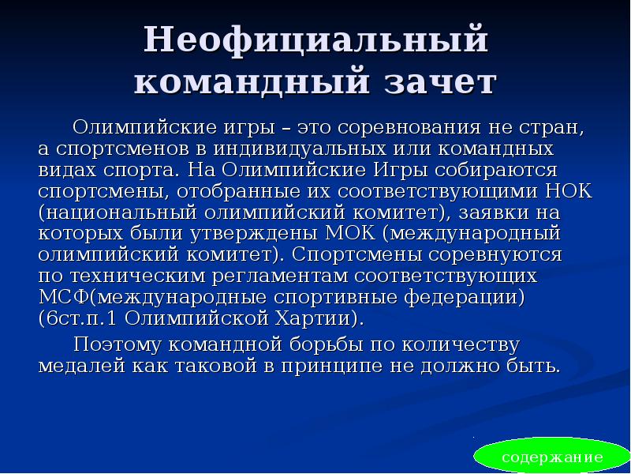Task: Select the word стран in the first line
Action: coord(553,127)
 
